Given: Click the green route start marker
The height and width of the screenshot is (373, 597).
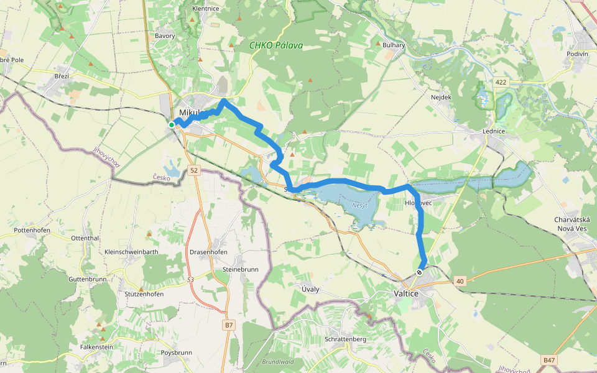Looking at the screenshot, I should [x=172, y=125].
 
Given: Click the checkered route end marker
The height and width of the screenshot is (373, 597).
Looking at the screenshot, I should [x=420, y=272].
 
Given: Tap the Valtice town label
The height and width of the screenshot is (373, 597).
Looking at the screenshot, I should [x=408, y=293].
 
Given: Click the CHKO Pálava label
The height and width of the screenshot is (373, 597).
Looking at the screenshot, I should [x=275, y=45].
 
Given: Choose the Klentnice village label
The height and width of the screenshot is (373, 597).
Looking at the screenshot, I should [x=206, y=9].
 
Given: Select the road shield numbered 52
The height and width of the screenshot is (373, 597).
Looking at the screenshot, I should [x=194, y=170].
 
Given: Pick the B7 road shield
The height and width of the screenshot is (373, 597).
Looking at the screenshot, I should [x=229, y=325].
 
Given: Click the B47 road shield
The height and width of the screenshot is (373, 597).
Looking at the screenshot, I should [x=548, y=360].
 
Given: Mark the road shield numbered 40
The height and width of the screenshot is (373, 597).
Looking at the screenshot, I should [x=460, y=282].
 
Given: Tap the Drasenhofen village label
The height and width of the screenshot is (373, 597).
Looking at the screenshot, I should [x=208, y=252].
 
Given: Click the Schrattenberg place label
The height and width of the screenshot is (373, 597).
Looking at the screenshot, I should [x=345, y=339].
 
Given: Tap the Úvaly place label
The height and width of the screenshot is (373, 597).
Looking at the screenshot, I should [x=310, y=289].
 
